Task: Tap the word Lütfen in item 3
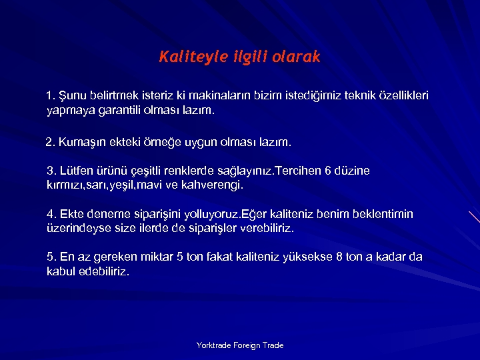pyautogui.click(x=76, y=171)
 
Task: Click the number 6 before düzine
pyautogui.click(x=327, y=171)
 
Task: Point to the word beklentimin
pyautogui.click(x=381, y=214)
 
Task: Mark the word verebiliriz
pyautogui.click(x=265, y=228)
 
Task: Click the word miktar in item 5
pyautogui.click(x=153, y=257)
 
